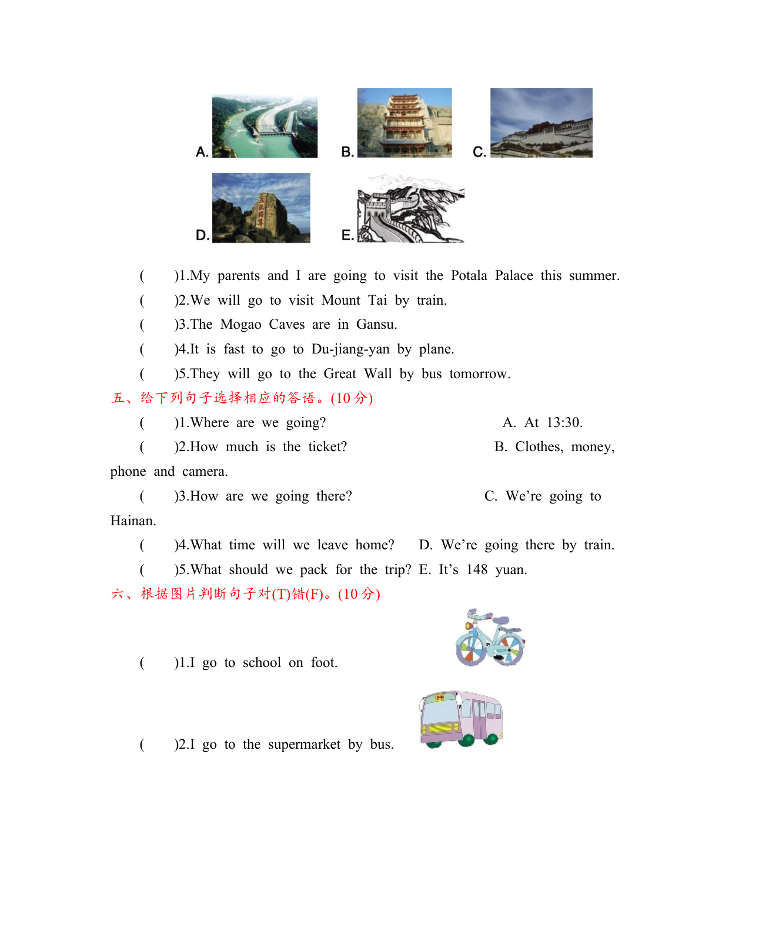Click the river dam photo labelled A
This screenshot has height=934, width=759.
[265, 126]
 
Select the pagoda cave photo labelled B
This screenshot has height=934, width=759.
[404, 122]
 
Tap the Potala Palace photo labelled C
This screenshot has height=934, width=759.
[541, 123]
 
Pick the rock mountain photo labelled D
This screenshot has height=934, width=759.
[261, 208]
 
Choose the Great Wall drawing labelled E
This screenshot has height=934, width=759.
[410, 208]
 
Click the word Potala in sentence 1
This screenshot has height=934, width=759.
[469, 276]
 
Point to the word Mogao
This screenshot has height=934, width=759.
[240, 325]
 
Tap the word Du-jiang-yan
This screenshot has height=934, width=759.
[350, 349]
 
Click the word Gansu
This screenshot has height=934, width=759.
[376, 325]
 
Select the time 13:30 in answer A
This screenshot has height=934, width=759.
[564, 423]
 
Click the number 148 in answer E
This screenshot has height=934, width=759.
[477, 570]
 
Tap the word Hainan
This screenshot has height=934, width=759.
[132, 521]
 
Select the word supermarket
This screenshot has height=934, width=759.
[304, 745]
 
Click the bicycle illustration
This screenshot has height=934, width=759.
[490, 638]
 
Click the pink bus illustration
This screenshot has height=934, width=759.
[462, 719]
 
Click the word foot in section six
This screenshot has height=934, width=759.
[323, 663]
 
